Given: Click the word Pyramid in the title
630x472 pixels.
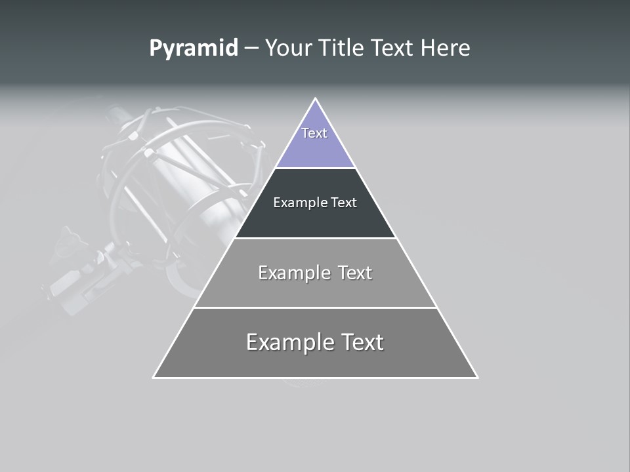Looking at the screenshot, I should [x=193, y=49].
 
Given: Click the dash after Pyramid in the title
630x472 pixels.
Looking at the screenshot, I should [x=251, y=49].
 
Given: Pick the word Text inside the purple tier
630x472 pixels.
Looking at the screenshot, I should [x=314, y=133].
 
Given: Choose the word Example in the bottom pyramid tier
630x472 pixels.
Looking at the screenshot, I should [x=283, y=342].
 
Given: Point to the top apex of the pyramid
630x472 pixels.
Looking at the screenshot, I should [x=316, y=98].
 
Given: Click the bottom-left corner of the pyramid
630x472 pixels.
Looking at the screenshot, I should [x=154, y=378].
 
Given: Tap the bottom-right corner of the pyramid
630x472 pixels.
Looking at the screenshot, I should [x=477, y=378].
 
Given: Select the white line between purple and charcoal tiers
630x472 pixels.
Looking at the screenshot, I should [x=316, y=168].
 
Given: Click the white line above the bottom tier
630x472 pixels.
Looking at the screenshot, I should [x=316, y=307].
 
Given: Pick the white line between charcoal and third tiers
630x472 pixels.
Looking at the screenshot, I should [x=316, y=238].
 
